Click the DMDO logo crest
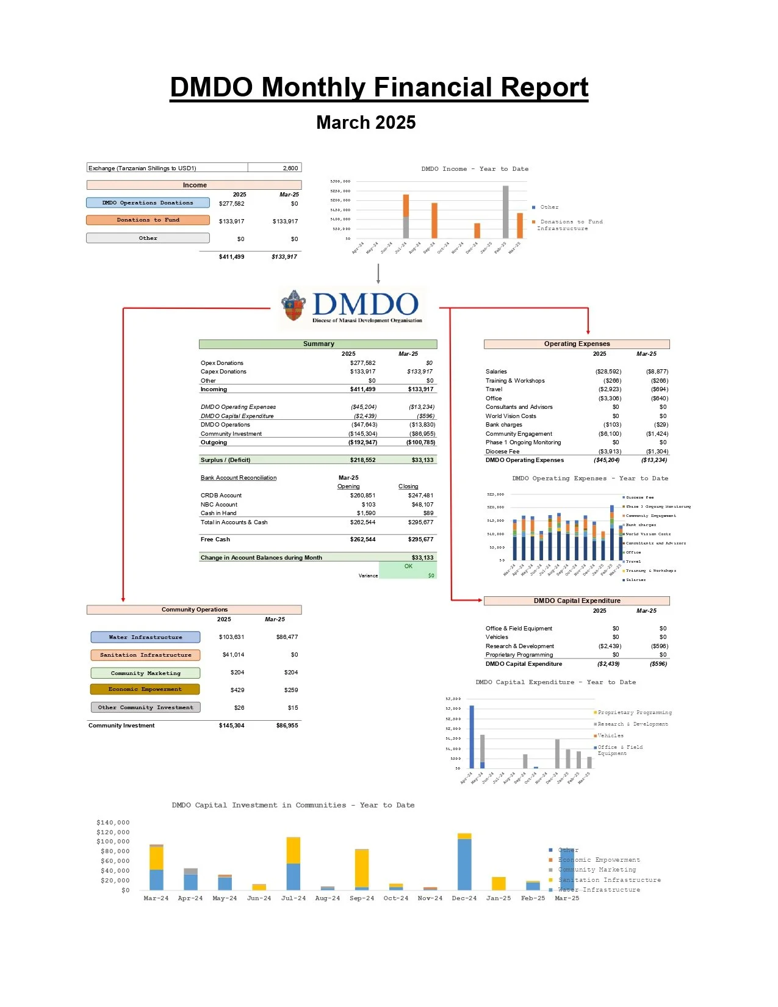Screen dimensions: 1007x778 pyautogui.click(x=294, y=306)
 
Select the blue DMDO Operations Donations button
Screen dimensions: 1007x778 pyautogui.click(x=148, y=203)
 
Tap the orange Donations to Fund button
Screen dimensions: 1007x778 pyautogui.click(x=148, y=220)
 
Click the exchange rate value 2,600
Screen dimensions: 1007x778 pyautogui.click(x=290, y=168)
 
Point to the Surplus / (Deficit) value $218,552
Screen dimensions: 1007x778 pyautogui.click(x=362, y=460)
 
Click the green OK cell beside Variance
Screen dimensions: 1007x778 pyautogui.click(x=408, y=566)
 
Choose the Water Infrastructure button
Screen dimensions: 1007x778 pyautogui.click(x=145, y=637)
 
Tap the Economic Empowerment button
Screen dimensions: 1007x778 pyautogui.click(x=145, y=690)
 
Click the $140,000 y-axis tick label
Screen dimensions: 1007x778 pyautogui.click(x=113, y=823)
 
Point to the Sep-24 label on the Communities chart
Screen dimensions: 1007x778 pyautogui.click(x=362, y=898)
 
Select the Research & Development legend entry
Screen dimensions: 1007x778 pyautogui.click(x=632, y=724)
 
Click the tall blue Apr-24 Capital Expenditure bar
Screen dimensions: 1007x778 pyautogui.click(x=471, y=737)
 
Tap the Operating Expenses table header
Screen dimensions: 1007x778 pyautogui.click(x=577, y=344)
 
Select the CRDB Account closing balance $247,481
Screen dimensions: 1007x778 pyautogui.click(x=420, y=496)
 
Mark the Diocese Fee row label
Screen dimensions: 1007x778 pyautogui.click(x=502, y=452)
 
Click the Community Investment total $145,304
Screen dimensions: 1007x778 pyautogui.click(x=231, y=726)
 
